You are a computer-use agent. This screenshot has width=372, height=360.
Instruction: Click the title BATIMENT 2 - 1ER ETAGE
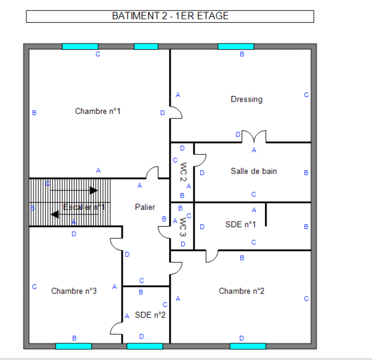[x=170, y=16]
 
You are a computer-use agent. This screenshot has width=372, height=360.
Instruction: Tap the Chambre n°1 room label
[x=98, y=111]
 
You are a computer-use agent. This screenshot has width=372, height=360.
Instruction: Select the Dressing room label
[x=247, y=99]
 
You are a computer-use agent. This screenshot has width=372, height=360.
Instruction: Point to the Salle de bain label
[x=254, y=171]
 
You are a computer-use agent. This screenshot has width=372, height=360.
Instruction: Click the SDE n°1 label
[x=240, y=224]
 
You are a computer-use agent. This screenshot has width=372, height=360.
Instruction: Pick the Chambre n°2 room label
[x=241, y=291]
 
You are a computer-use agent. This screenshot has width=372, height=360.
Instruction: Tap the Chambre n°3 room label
[x=74, y=291]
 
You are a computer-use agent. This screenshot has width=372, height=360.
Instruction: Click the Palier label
[x=145, y=207]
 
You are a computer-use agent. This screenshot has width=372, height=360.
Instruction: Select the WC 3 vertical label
[x=183, y=226]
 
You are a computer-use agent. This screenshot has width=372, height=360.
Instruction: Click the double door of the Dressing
[x=254, y=137]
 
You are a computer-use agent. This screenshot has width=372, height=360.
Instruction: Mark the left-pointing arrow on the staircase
[x=55, y=214]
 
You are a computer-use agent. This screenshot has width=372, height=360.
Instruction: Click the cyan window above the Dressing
[x=235, y=46]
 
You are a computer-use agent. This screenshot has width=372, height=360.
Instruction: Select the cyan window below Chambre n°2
[x=248, y=346]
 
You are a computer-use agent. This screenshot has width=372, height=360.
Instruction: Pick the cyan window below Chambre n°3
[x=74, y=346]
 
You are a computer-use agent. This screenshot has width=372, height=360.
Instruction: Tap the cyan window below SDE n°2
[x=144, y=346]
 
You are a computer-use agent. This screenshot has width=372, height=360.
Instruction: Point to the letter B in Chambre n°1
[x=34, y=113]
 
